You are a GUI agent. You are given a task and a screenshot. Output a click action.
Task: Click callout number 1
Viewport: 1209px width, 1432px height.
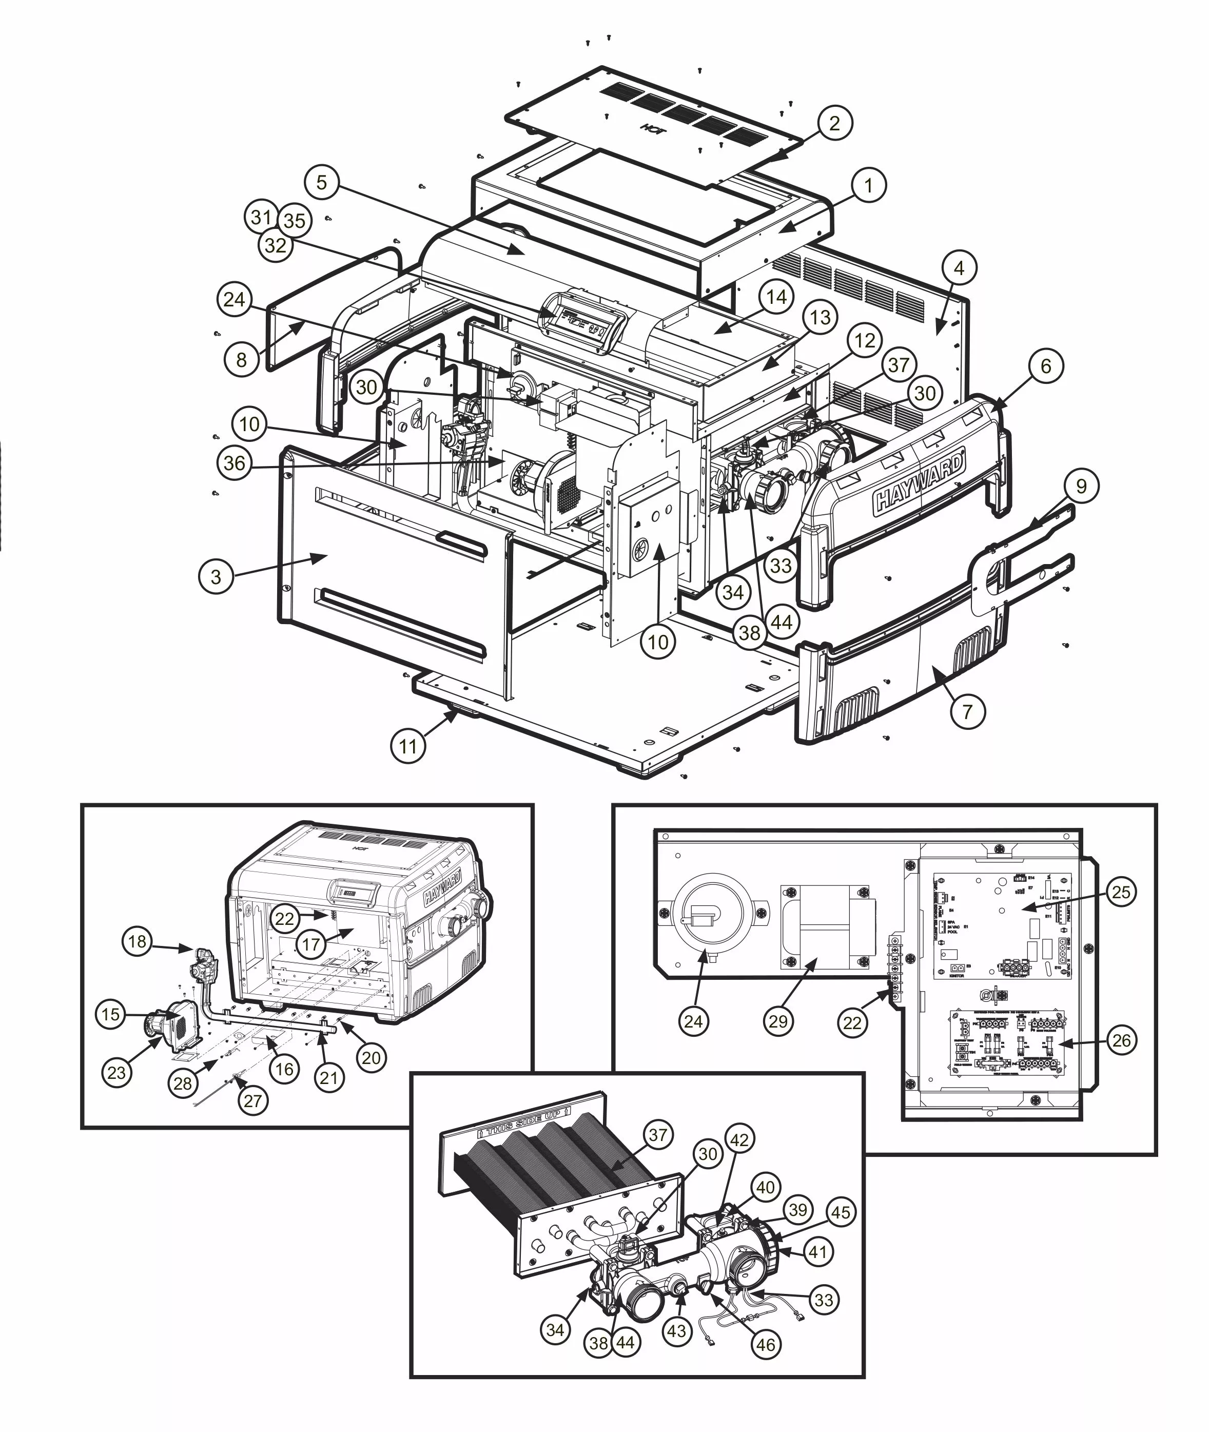tap(868, 185)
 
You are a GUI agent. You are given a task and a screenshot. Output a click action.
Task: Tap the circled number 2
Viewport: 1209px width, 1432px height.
tap(834, 123)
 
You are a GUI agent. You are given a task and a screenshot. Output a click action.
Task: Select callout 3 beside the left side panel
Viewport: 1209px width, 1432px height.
tap(217, 576)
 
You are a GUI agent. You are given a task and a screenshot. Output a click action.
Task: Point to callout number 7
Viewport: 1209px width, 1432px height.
tap(967, 711)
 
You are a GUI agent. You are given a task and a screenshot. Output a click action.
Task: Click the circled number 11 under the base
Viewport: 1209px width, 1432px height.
tap(408, 746)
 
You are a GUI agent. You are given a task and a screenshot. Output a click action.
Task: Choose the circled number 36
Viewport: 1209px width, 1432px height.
tap(235, 463)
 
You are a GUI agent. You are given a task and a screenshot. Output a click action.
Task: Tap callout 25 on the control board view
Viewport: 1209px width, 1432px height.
tap(1121, 892)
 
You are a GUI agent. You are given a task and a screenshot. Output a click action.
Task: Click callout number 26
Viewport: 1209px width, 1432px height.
tap(1121, 1040)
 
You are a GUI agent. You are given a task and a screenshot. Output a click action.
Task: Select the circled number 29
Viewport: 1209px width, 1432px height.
tap(778, 1040)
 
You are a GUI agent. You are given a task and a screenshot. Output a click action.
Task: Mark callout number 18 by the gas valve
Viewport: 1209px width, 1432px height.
tap(137, 941)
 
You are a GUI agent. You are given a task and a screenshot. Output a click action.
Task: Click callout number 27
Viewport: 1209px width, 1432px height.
tap(252, 1100)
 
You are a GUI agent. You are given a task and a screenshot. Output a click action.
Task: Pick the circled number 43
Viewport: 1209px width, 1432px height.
tap(676, 1330)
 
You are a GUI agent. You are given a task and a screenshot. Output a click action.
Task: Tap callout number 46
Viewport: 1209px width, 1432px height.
tap(766, 1344)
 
